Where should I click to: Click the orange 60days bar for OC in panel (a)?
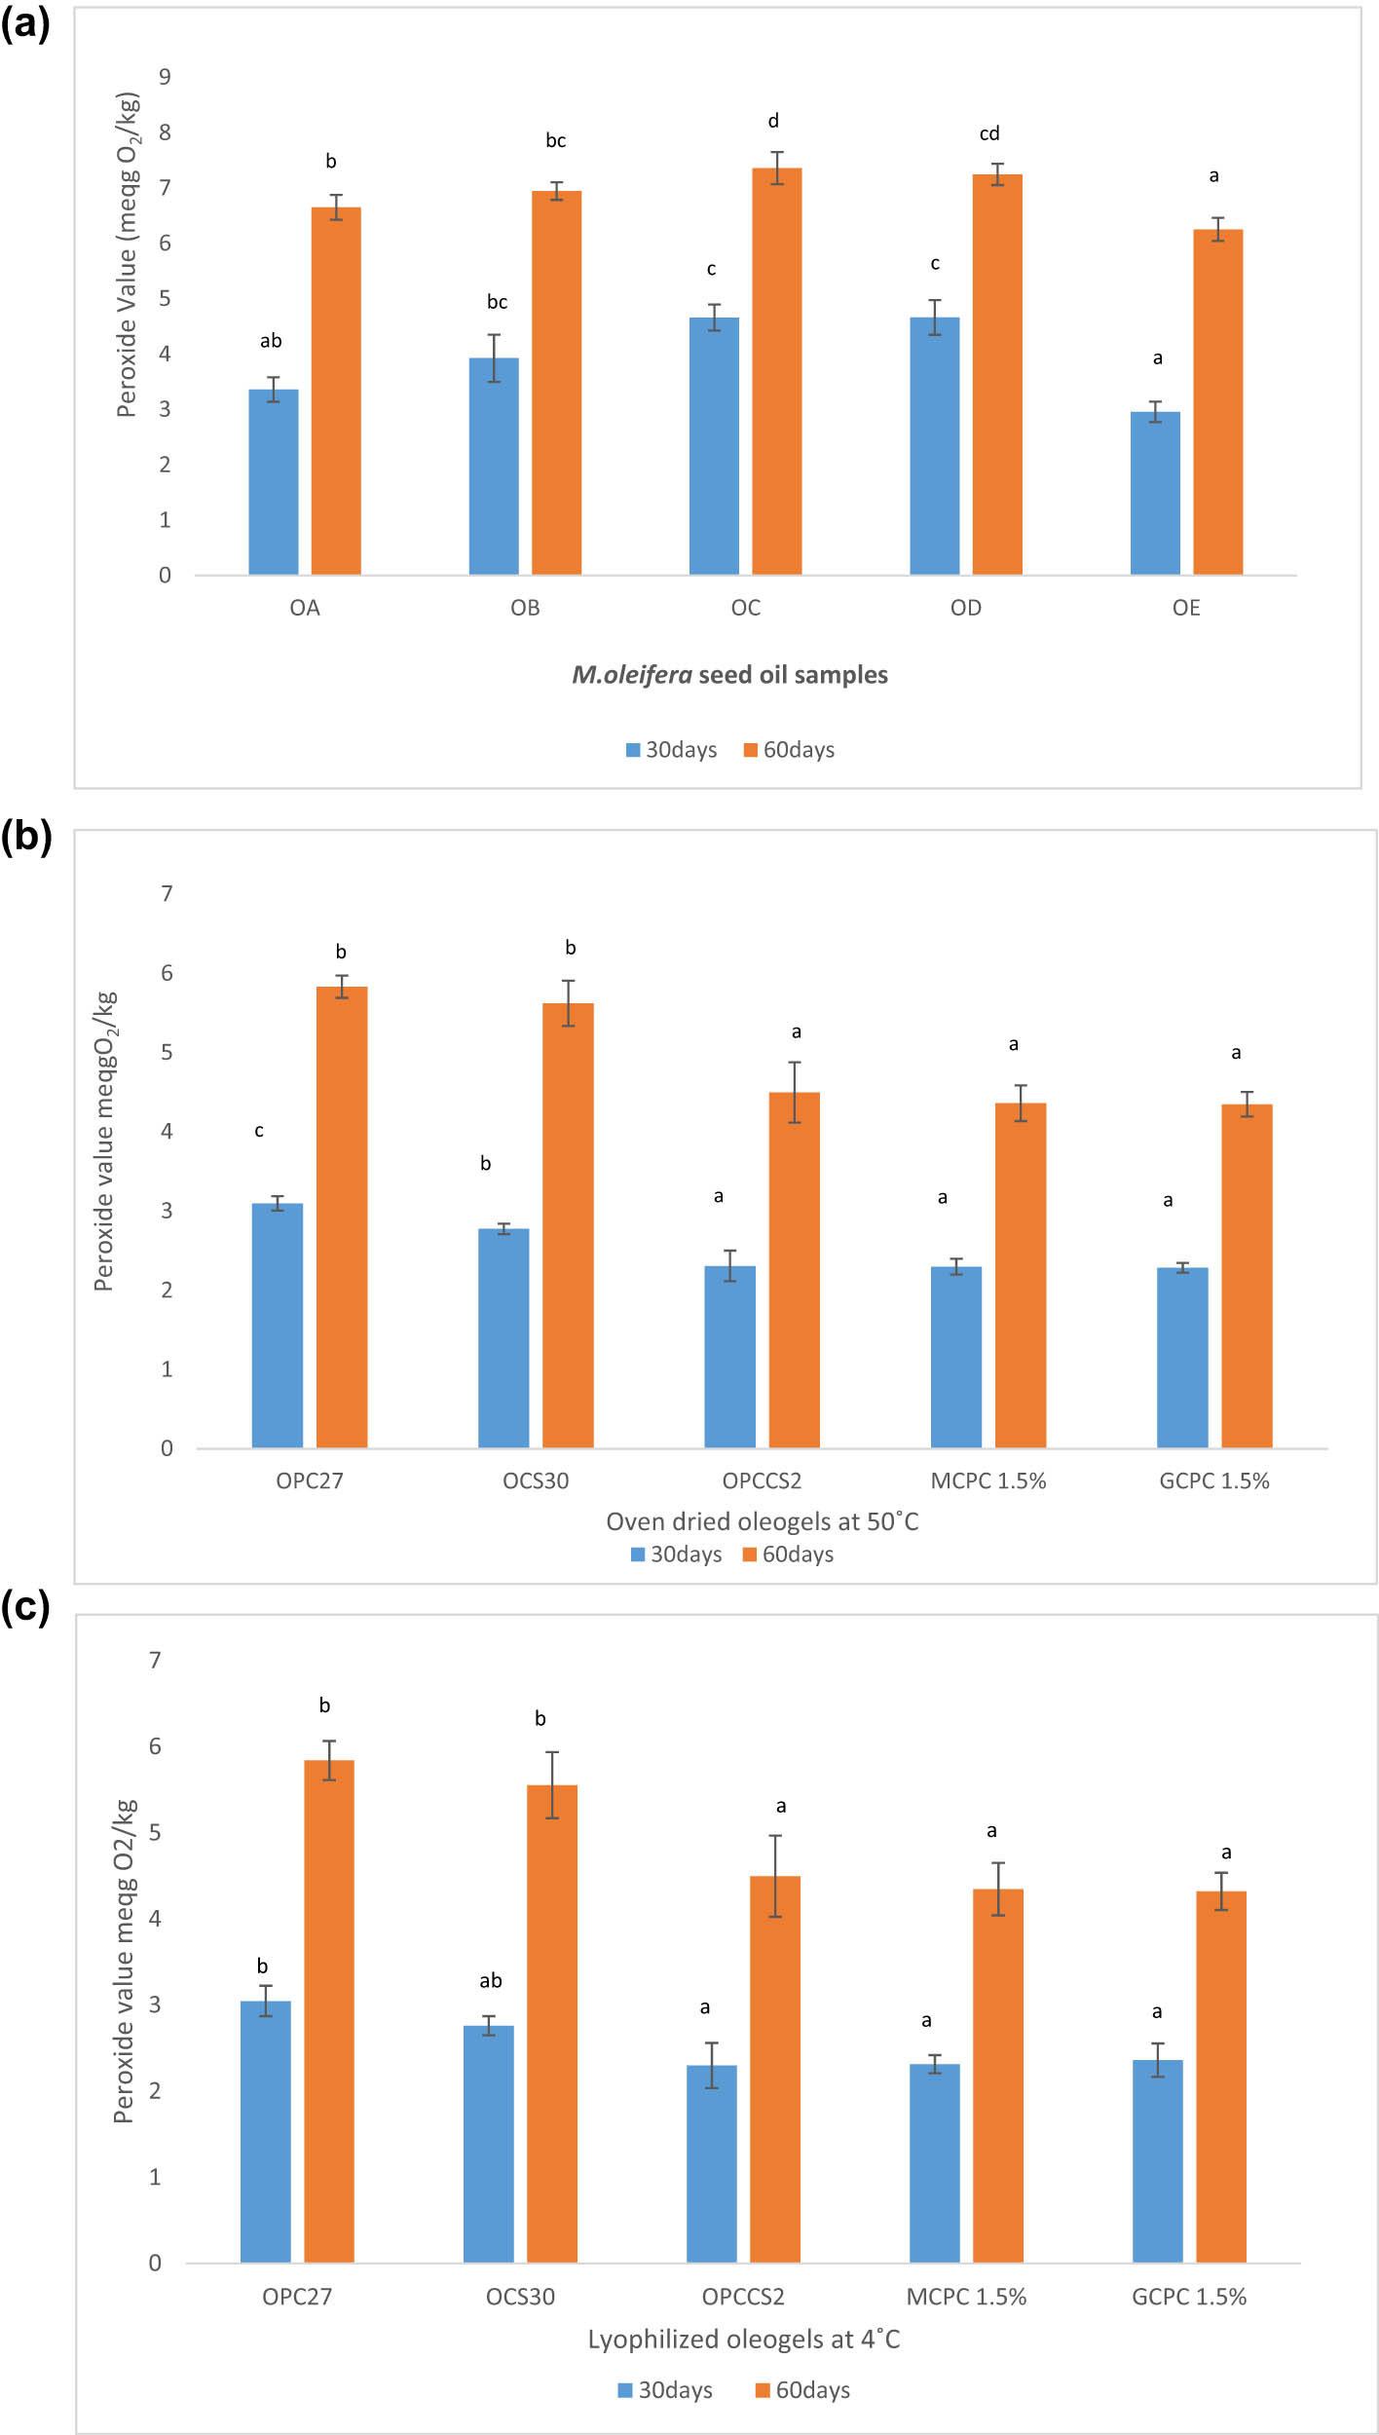click(776, 371)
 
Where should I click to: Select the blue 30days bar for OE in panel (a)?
click(1155, 493)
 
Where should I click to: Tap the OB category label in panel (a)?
click(525, 608)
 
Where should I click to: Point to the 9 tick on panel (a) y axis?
click(166, 77)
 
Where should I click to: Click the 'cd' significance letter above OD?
click(989, 133)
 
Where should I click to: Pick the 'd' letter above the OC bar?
click(773, 121)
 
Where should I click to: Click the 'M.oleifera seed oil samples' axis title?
click(729, 675)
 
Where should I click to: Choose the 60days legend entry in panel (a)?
click(789, 750)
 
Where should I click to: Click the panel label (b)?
click(26, 836)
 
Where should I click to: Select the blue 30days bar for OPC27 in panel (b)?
click(278, 1326)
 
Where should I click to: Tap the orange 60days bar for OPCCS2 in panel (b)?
click(795, 1270)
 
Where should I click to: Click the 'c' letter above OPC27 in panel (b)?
click(259, 1131)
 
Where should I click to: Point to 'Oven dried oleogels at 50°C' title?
click(762, 1521)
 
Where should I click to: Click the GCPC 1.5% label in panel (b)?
click(1214, 1480)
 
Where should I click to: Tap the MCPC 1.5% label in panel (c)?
click(966, 2297)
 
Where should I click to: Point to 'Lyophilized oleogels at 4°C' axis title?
click(744, 2340)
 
